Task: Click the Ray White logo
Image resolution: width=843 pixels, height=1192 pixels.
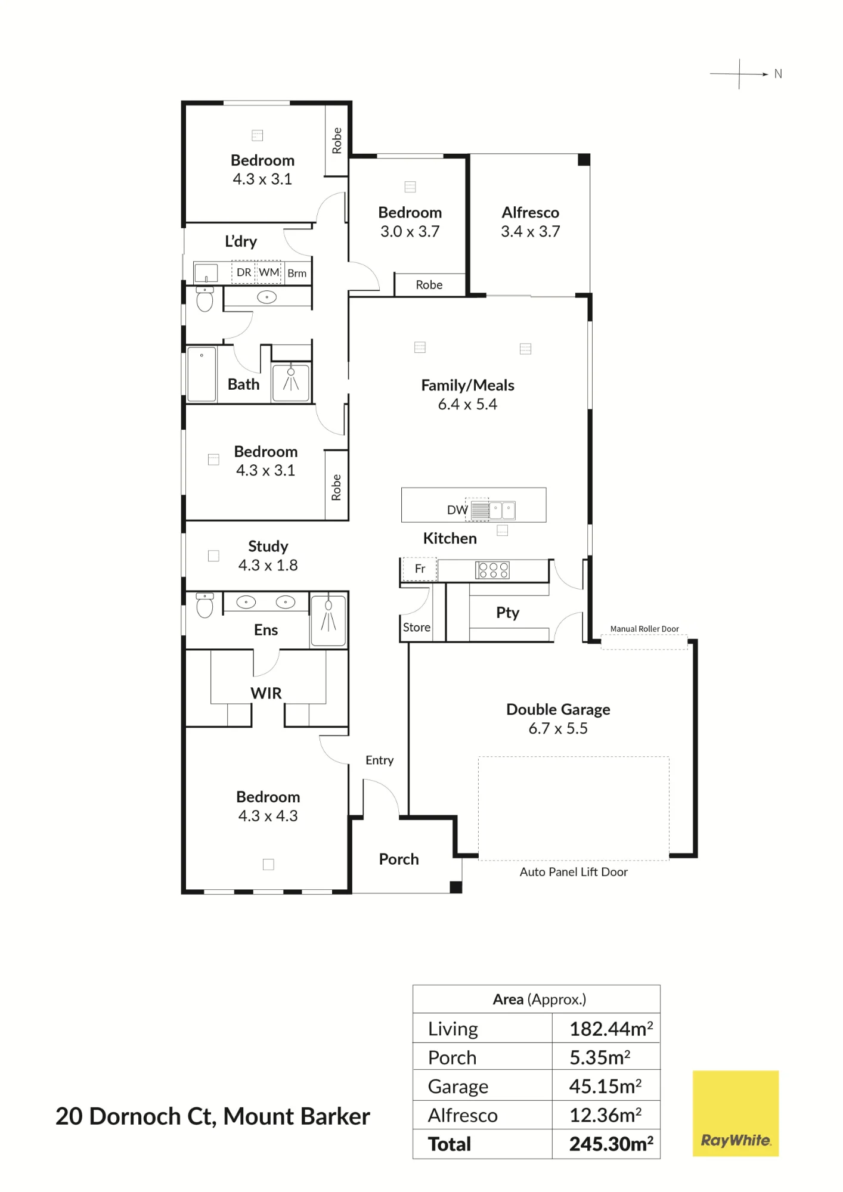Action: pyautogui.click(x=736, y=1113)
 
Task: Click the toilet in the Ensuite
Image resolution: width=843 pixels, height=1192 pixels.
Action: pyautogui.click(x=204, y=606)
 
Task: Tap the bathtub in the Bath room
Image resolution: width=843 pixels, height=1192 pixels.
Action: pyautogui.click(x=202, y=374)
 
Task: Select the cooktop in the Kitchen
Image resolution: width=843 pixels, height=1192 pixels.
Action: pyautogui.click(x=493, y=570)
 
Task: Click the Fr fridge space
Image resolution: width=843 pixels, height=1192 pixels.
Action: pyautogui.click(x=420, y=569)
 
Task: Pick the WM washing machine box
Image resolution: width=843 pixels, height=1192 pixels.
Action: pyautogui.click(x=269, y=272)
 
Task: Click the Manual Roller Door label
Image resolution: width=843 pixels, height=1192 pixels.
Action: pyautogui.click(x=644, y=629)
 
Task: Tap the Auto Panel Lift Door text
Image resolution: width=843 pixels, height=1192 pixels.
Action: pyautogui.click(x=574, y=872)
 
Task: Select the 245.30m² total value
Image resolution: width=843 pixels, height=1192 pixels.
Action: pyautogui.click(x=611, y=1144)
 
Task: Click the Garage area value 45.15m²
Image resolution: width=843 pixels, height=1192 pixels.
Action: pyautogui.click(x=605, y=1086)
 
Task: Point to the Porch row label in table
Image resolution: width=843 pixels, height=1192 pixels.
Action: pyautogui.click(x=453, y=1057)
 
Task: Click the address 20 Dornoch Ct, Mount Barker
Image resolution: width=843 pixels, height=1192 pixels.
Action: pyautogui.click(x=213, y=1117)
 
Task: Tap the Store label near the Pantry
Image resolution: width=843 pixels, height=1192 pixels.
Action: pyautogui.click(x=417, y=627)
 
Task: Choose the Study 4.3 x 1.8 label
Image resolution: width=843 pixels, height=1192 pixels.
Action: pyautogui.click(x=268, y=555)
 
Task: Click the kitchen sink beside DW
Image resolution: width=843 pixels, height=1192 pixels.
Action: pyautogui.click(x=502, y=510)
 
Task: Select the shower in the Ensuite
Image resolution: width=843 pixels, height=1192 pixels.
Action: pyautogui.click(x=328, y=620)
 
